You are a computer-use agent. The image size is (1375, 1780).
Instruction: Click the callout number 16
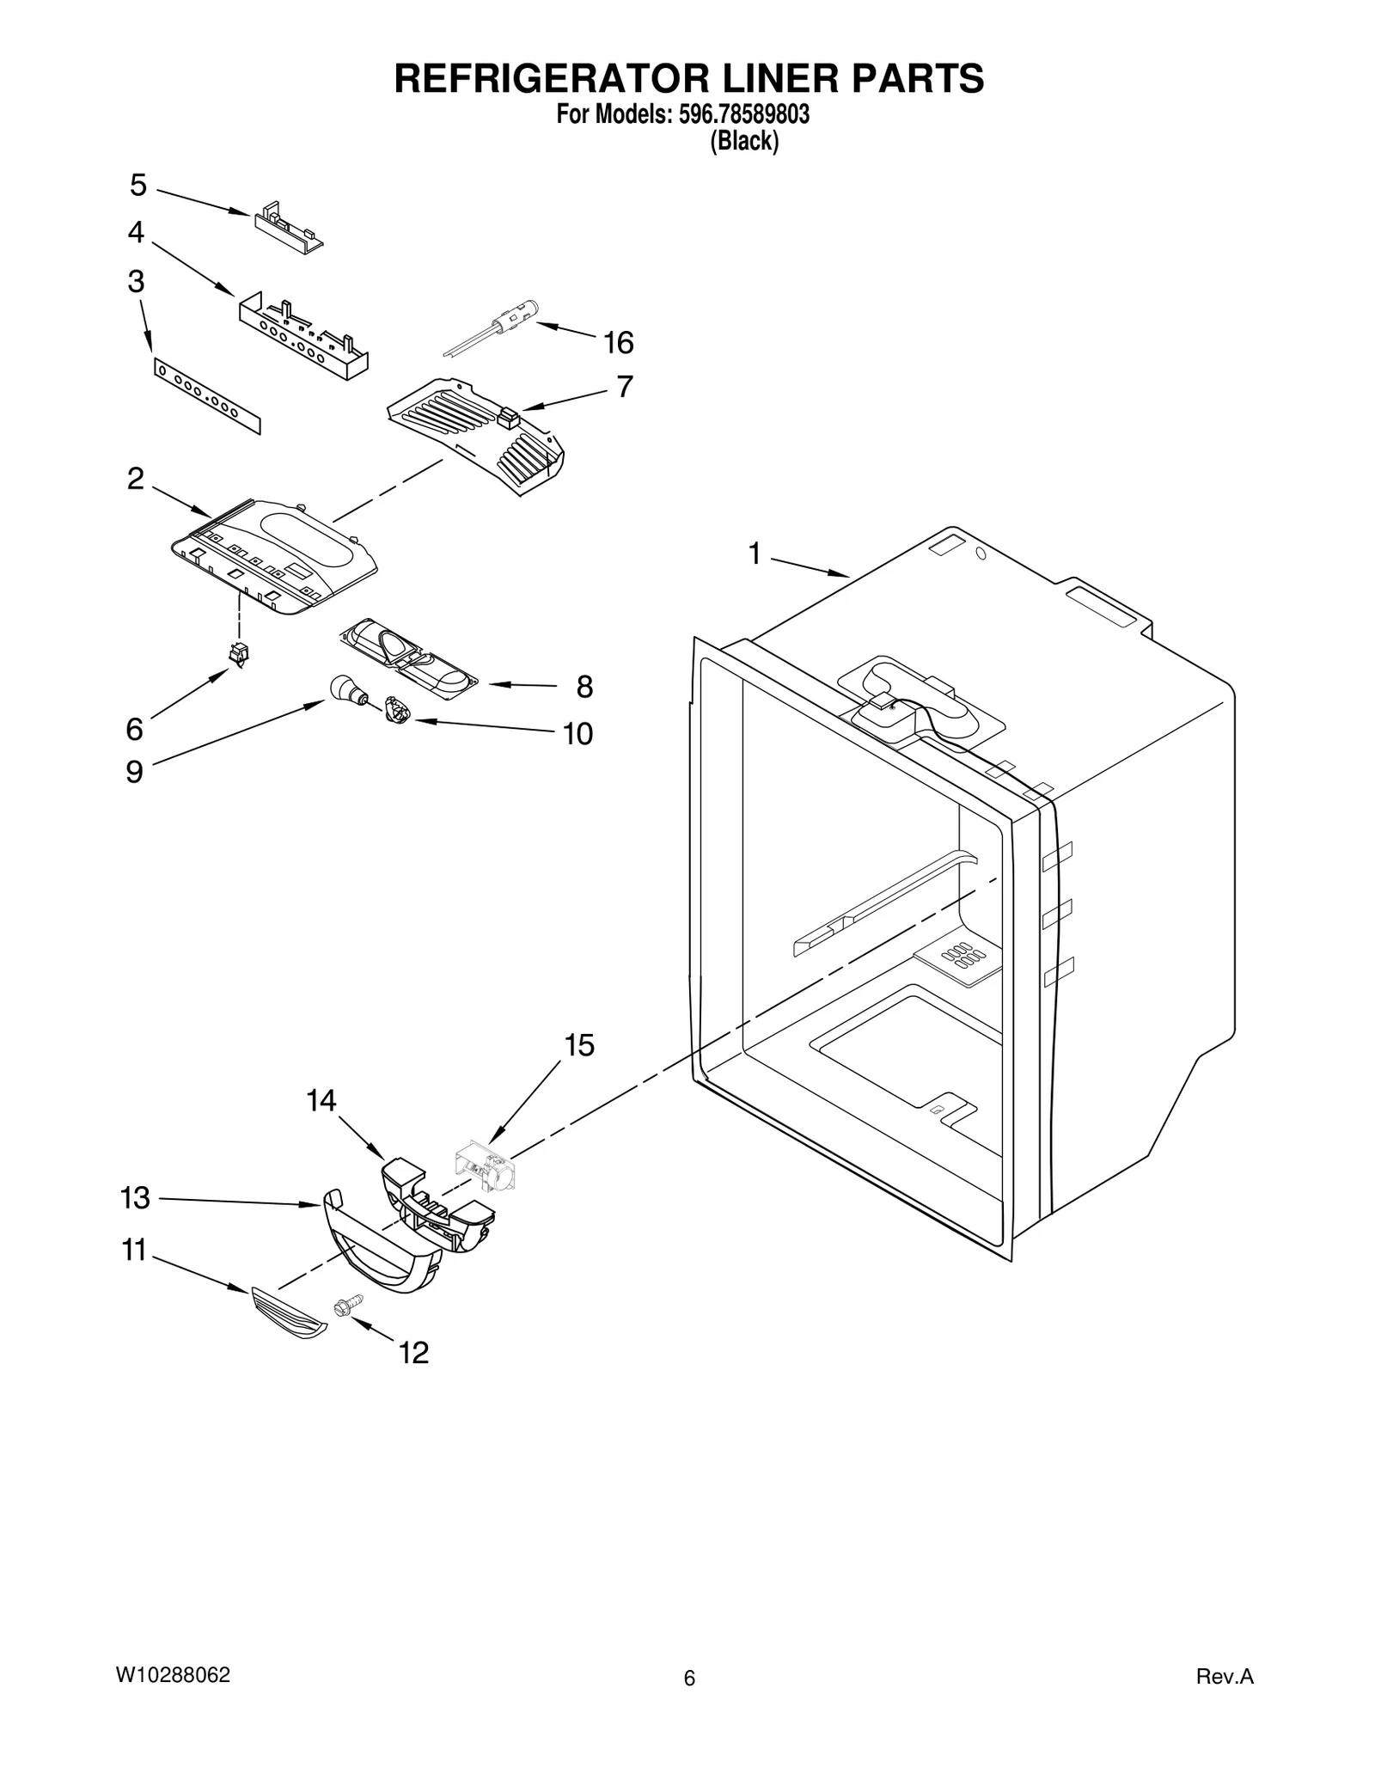618,343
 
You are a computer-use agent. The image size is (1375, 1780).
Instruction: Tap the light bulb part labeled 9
345,689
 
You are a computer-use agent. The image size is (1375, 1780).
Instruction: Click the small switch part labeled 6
238,655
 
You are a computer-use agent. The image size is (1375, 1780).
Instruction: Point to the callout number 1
755,554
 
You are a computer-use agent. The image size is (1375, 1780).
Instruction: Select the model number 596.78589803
739,114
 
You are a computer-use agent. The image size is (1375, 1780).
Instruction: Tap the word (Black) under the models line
743,141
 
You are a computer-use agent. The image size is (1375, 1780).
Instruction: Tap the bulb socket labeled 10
398,711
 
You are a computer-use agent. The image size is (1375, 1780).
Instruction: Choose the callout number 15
579,1046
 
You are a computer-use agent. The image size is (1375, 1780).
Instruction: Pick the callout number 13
135,1198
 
